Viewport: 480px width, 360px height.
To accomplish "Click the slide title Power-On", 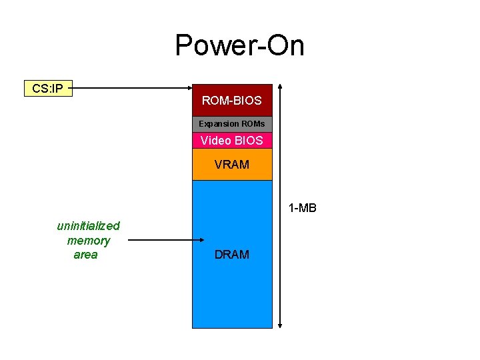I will point(239,46).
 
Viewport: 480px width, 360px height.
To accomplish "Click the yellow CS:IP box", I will point(48,88).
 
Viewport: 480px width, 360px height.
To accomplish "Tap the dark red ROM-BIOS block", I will point(232,101).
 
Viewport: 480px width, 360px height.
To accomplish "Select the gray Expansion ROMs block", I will point(232,124).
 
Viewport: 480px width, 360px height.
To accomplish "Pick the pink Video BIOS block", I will point(232,141).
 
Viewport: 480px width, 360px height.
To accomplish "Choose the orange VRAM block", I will point(232,164).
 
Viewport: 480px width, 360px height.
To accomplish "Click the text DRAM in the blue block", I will point(232,254).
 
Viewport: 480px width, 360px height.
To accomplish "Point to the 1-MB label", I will point(302,208).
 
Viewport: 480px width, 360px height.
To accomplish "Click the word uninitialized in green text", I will point(88,226).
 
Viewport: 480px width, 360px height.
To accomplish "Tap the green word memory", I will point(88,240).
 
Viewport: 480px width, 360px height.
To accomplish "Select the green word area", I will point(85,254).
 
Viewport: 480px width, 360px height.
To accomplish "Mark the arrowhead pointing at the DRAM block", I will point(188,240).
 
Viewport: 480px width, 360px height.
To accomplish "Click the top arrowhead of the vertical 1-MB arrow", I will point(280,87).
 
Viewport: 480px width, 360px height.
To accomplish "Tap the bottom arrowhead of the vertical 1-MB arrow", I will point(280,325).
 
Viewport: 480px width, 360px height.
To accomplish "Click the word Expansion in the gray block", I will point(218,124).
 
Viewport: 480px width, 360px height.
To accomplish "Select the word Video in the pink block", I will point(215,141).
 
